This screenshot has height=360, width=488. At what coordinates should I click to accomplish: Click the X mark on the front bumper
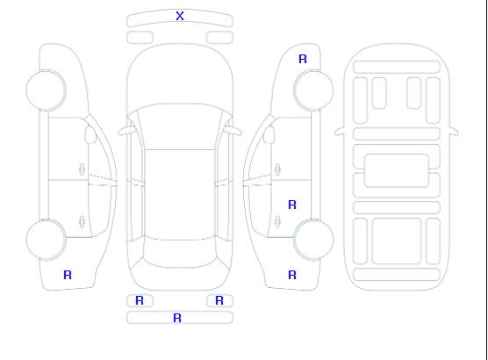(x=180, y=16)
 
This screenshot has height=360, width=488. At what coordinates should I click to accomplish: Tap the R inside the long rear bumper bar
(x=177, y=318)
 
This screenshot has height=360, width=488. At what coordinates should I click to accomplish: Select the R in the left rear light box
(x=140, y=300)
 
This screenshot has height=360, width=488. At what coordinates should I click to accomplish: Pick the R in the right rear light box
(x=219, y=300)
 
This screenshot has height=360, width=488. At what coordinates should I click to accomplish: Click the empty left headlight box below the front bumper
(x=140, y=38)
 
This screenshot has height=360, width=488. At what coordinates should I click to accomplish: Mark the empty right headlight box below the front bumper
(x=219, y=38)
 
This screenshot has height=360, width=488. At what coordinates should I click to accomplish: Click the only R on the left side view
(x=68, y=275)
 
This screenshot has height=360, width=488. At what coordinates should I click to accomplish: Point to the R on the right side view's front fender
(x=303, y=59)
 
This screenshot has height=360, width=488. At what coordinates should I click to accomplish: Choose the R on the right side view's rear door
(x=292, y=205)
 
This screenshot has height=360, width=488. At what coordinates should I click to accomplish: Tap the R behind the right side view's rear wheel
(x=292, y=275)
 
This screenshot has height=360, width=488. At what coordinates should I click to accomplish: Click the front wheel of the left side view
(x=46, y=90)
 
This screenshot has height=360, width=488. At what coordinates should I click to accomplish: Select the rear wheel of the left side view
(x=46, y=240)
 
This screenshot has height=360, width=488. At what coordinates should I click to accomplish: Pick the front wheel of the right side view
(x=313, y=90)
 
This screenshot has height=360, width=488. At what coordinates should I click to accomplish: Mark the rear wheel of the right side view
(x=313, y=240)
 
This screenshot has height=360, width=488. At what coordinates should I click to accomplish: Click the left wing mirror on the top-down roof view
(x=126, y=131)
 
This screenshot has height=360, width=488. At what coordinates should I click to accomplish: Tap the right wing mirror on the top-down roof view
(x=233, y=131)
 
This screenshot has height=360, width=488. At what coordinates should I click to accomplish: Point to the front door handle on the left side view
(x=82, y=169)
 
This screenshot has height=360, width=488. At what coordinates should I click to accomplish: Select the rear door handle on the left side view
(x=82, y=221)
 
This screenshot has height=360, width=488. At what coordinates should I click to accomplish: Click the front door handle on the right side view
(x=277, y=169)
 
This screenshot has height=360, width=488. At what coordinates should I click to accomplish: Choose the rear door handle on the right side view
(x=277, y=221)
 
